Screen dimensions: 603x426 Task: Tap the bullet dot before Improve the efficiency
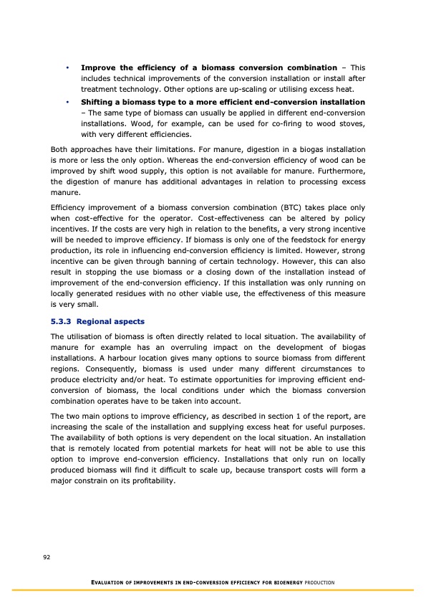pos(67,67)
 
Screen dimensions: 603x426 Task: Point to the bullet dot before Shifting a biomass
pos(67,102)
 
